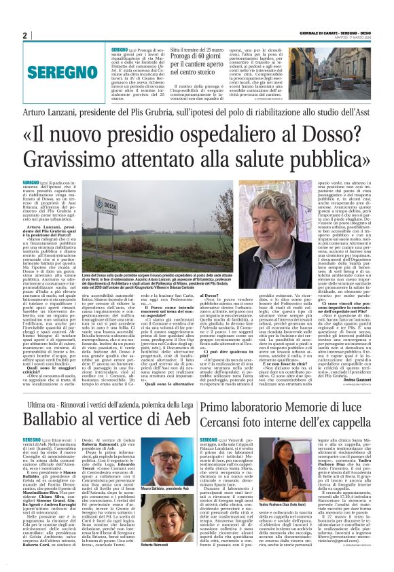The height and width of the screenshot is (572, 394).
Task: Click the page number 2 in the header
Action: click(x=24, y=35)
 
